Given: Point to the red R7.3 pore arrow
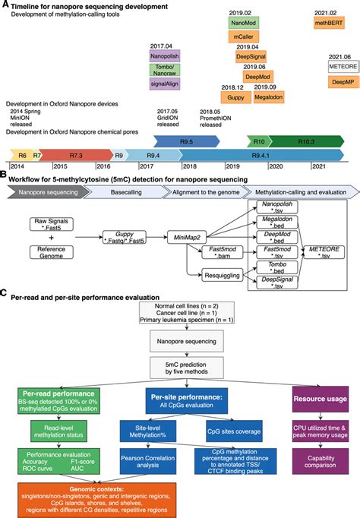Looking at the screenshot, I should pyautogui.click(x=76, y=154).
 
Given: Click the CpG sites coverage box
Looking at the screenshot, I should pyautogui.click(x=219, y=429).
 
